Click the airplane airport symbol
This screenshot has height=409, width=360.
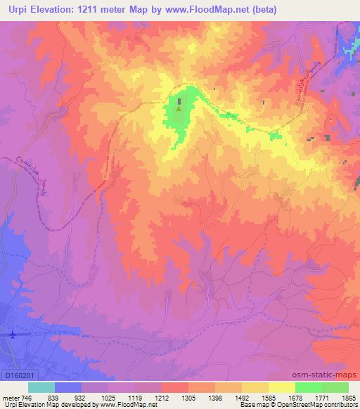pyautogui.click(x=11, y=334)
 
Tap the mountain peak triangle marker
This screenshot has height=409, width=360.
pyautogui.click(x=178, y=108)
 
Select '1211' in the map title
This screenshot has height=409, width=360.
pyautogui.click(x=91, y=10)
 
